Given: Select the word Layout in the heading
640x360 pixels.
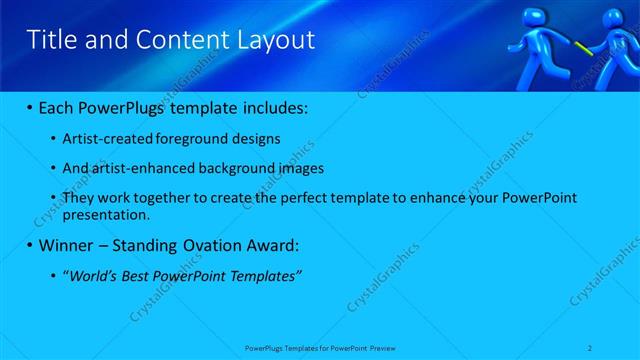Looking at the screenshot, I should click(x=275, y=40).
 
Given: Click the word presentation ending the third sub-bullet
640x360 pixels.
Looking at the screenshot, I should click(x=106, y=214).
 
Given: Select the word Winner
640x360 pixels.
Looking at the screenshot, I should click(x=64, y=245).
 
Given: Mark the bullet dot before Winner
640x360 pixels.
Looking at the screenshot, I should click(x=29, y=246).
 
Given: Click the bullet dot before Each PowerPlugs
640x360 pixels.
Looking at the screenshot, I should click(x=29, y=106).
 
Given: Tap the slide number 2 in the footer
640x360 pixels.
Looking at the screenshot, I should click(x=592, y=347).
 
